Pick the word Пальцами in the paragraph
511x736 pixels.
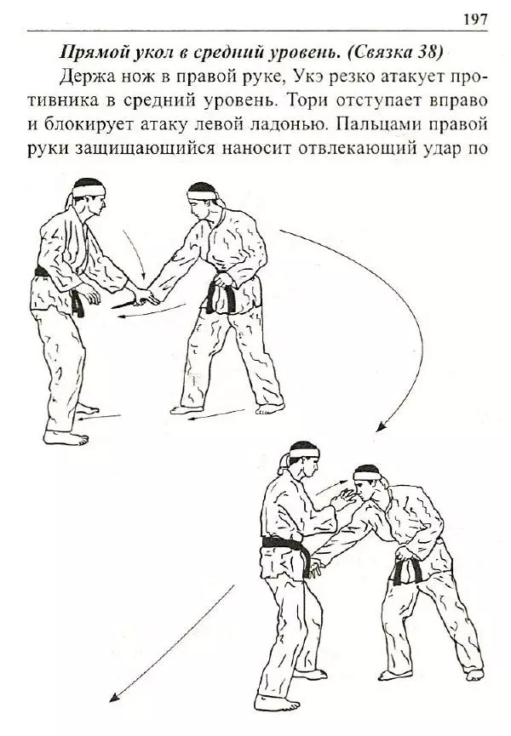pos(375,124)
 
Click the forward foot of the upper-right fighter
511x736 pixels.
pos(187,409)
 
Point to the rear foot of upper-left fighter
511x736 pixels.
pos(66,437)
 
